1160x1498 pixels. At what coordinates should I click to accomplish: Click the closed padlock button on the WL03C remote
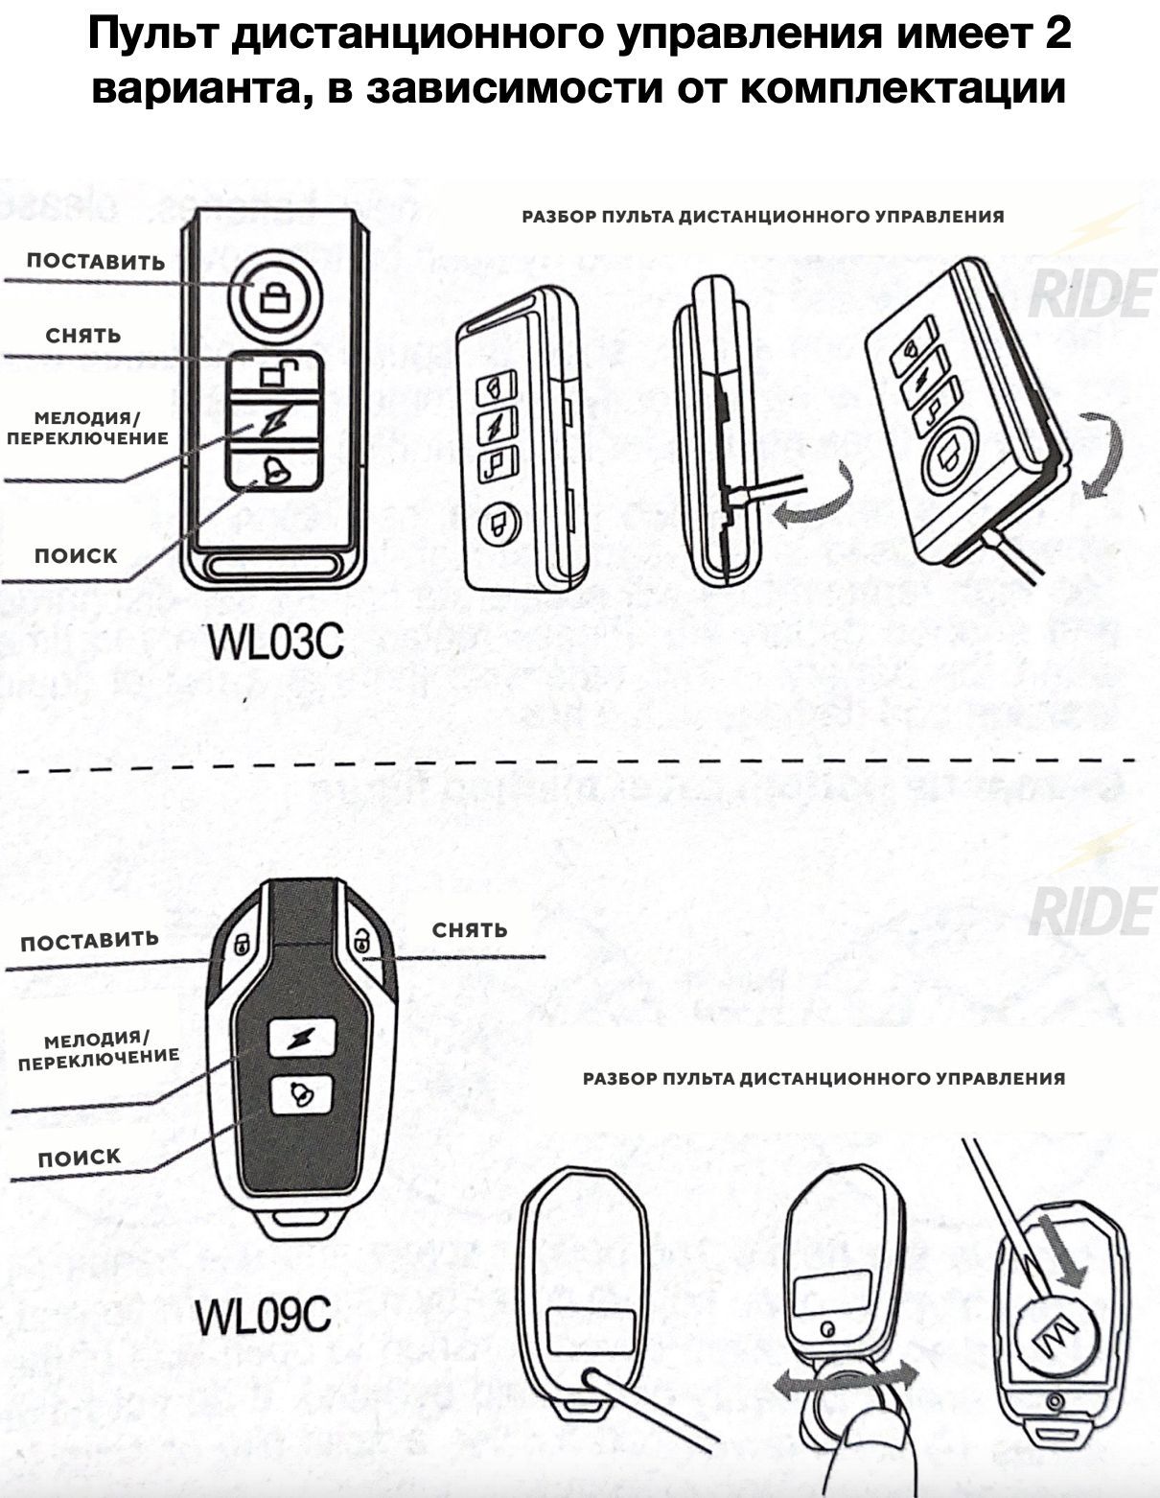(x=275, y=293)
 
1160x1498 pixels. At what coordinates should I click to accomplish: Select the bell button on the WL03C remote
(x=275, y=470)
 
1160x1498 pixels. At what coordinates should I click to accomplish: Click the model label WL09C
(x=263, y=1316)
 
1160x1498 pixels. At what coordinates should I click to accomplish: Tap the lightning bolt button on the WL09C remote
(x=302, y=1037)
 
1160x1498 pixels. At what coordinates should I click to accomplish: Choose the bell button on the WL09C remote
(x=301, y=1093)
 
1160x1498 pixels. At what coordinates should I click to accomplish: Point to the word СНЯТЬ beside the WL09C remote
(x=470, y=929)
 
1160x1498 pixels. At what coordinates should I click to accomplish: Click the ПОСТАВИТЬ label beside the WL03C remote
(x=96, y=262)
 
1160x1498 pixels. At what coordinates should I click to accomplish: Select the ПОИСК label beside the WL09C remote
(x=80, y=1158)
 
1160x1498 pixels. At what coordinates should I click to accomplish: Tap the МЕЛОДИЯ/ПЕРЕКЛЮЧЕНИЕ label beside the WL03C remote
(x=87, y=428)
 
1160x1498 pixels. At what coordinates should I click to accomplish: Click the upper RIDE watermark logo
(x=1091, y=293)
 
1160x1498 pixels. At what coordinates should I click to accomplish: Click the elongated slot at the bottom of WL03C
(x=274, y=567)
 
